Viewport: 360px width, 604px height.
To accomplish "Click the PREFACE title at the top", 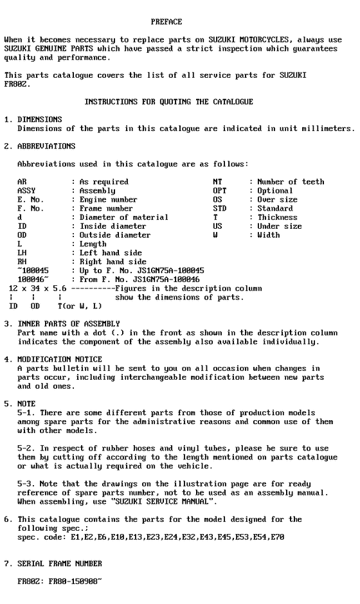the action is pyautogui.click(x=166, y=22).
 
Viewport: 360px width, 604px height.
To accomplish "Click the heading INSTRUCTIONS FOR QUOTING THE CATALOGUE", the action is pyautogui.click(x=168, y=102).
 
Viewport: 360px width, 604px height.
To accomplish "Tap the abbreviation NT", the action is pyautogui.click(x=217, y=182).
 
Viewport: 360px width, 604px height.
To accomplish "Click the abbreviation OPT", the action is pyautogui.click(x=219, y=191).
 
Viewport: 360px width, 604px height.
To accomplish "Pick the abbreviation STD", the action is pyautogui.click(x=219, y=209).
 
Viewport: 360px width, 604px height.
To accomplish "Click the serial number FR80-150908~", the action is pyautogui.click(x=73, y=581).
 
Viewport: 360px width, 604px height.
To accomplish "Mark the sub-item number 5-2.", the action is pyautogui.click(x=24, y=448).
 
